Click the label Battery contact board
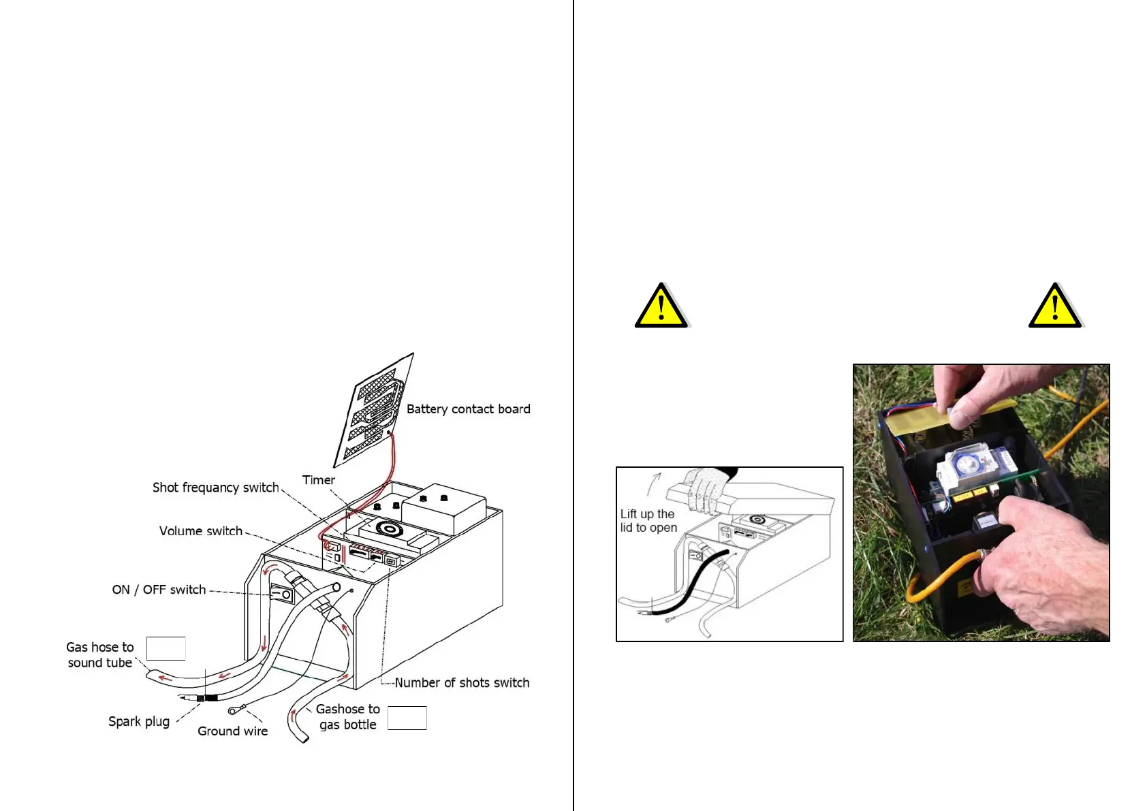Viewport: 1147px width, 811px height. click(x=468, y=409)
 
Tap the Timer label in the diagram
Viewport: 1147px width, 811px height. click(x=318, y=480)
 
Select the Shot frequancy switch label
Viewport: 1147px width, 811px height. click(x=215, y=488)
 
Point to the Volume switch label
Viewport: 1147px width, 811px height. click(x=200, y=531)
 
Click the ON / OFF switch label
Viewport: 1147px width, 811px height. click(x=159, y=590)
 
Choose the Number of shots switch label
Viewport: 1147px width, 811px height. click(x=462, y=683)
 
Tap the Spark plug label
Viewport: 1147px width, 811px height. click(x=139, y=722)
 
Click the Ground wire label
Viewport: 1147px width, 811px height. click(x=232, y=731)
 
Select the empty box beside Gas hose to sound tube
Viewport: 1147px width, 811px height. click(x=166, y=649)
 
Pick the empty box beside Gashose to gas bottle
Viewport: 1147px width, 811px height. click(x=407, y=718)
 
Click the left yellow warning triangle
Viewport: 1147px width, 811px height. click(x=661, y=306)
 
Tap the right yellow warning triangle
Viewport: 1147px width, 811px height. click(x=1054, y=306)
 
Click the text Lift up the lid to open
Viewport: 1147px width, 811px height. click(x=648, y=521)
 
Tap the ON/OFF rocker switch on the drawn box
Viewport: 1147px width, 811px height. click(x=283, y=594)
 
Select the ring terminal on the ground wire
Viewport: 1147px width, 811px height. click(x=234, y=711)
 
